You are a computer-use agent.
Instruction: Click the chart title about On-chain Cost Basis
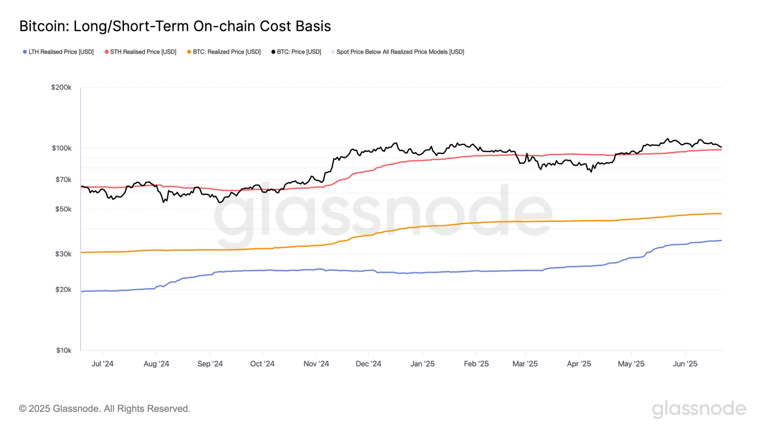tap(175, 26)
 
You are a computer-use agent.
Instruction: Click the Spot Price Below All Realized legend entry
tap(398, 52)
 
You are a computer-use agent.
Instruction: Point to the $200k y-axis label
tap(61, 87)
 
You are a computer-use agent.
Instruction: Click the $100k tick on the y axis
tap(61, 148)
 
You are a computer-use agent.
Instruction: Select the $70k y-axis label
tap(63, 180)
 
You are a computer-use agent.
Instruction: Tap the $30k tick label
tap(63, 254)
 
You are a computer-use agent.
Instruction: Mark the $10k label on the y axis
tap(63, 351)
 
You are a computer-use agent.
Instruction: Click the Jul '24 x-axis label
tap(102, 364)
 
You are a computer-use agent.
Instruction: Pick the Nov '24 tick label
tap(316, 364)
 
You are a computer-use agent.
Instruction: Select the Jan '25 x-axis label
tap(422, 364)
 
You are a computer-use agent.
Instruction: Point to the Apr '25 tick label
tap(578, 364)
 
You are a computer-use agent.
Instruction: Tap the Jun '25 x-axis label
tap(685, 364)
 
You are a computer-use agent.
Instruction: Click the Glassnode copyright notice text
tap(105, 409)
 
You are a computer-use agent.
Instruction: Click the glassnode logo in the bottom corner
tap(699, 409)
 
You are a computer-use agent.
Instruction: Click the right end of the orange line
tap(721, 214)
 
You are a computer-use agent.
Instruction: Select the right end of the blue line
tap(721, 241)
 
